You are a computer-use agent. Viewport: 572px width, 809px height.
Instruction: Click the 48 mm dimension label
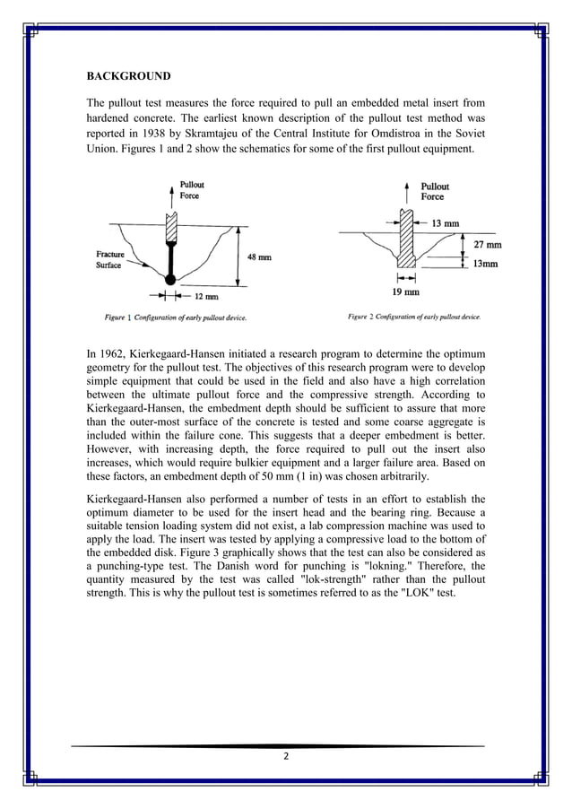click(x=259, y=257)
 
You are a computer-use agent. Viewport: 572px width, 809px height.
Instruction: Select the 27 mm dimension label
click(x=487, y=244)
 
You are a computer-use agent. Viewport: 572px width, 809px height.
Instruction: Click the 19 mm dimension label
click(x=406, y=291)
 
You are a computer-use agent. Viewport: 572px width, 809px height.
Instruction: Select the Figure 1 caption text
click(x=175, y=318)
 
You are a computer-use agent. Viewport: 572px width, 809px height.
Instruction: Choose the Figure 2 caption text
click(x=413, y=317)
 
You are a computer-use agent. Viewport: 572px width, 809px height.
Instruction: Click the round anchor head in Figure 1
click(x=170, y=282)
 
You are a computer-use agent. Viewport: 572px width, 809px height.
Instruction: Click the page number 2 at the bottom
click(x=285, y=756)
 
